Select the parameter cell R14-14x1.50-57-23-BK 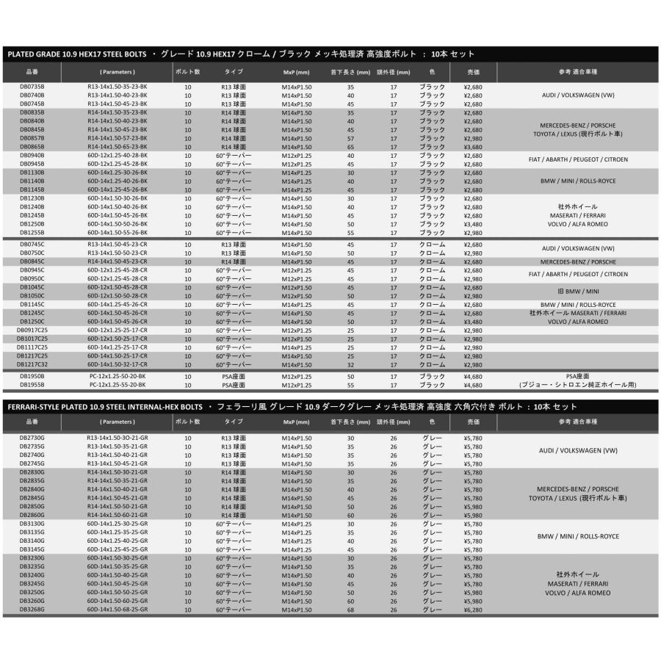tap(118, 138)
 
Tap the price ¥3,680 tap(473, 146)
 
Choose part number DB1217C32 tap(33, 364)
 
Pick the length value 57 tap(350, 138)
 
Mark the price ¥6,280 tap(473, 609)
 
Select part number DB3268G tap(32, 609)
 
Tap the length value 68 tap(350, 609)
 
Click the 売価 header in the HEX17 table tap(473, 72)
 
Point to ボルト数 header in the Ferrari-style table tap(188, 422)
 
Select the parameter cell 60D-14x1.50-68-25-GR tap(118, 609)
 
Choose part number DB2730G tap(32, 438)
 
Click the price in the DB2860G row tap(473, 516)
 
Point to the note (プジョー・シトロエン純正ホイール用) tap(578, 384)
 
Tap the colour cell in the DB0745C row tap(432, 245)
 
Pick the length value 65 tap(350, 146)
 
